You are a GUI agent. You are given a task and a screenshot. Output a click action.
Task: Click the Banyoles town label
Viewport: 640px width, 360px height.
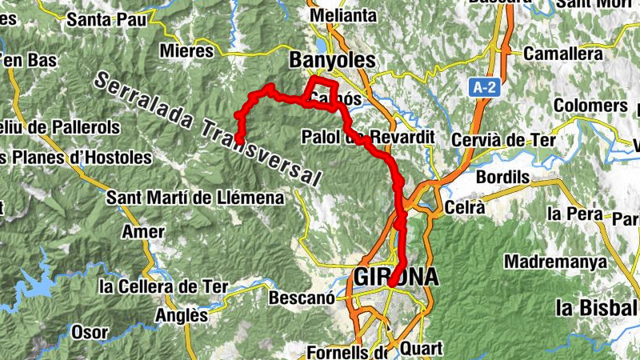pyautogui.click(x=332, y=60)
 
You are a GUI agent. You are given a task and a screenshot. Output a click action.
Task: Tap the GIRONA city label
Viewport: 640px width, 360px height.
pyautogui.click(x=396, y=277)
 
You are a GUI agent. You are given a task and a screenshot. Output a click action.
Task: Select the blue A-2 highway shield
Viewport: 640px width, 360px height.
pyautogui.click(x=482, y=87)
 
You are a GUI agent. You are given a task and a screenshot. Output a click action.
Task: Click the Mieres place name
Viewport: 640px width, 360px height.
pyautogui.click(x=187, y=51)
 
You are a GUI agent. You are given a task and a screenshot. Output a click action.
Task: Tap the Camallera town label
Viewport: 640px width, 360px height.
pyautogui.click(x=562, y=54)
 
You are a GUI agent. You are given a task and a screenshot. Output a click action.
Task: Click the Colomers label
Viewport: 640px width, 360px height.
pyautogui.click(x=590, y=106)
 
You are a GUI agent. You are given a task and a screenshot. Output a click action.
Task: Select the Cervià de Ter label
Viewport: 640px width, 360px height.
pyautogui.click(x=503, y=140)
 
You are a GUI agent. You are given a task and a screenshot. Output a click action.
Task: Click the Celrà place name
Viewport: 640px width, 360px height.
pyautogui.click(x=465, y=207)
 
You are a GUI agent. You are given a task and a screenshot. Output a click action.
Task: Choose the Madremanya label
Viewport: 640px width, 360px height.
pyautogui.click(x=555, y=262)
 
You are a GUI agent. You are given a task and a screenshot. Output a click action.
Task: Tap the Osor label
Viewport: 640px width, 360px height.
pyautogui.click(x=90, y=331)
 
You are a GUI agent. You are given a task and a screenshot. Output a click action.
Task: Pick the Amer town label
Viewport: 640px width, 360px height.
pyautogui.click(x=142, y=232)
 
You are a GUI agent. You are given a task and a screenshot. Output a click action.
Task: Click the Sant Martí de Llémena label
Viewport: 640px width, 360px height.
pyautogui.click(x=195, y=197)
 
